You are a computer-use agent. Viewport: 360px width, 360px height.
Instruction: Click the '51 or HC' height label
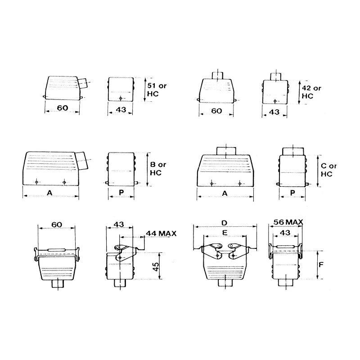157,90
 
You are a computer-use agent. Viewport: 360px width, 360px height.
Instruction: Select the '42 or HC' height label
311,92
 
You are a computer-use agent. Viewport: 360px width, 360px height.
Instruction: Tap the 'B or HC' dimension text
158,168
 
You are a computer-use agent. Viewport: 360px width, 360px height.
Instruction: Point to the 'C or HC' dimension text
329,170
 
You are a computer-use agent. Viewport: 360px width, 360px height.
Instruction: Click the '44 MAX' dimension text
161,234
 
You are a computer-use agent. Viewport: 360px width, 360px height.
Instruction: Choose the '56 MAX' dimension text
288,222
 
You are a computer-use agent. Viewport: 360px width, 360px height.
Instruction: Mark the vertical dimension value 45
155,266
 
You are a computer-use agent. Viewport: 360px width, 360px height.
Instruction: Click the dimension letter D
224,223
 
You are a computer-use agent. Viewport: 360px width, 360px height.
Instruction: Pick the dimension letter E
225,233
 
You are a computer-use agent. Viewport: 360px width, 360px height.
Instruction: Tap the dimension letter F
321,265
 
